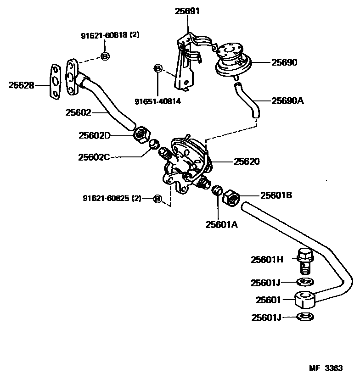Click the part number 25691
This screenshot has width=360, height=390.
pyautogui.click(x=187, y=11)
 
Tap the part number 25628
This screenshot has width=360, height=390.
pyautogui.click(x=21, y=85)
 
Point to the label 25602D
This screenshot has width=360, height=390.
pyautogui.click(x=94, y=135)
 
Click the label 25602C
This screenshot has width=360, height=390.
pyautogui.click(x=94, y=157)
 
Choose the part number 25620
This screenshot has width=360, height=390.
pyautogui.click(x=247, y=162)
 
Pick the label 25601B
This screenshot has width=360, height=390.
pyautogui.click(x=276, y=195)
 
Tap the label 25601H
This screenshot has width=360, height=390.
pyautogui.click(x=267, y=260)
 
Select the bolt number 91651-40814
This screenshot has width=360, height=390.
pyautogui.click(x=157, y=101)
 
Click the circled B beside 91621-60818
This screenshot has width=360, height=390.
pyautogui.click(x=105, y=56)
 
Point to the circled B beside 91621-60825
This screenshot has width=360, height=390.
pyautogui.click(x=157, y=199)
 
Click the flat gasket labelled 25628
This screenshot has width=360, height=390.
pyautogui.click(x=55, y=81)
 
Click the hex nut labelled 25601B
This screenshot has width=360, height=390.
pyautogui.click(x=230, y=198)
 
